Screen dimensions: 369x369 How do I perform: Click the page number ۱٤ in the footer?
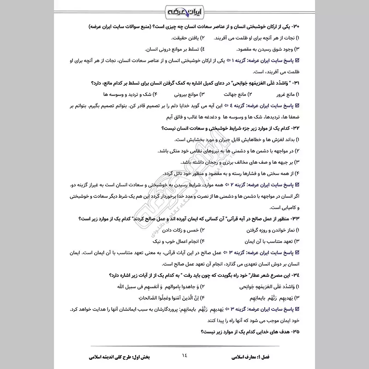point(184,355)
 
